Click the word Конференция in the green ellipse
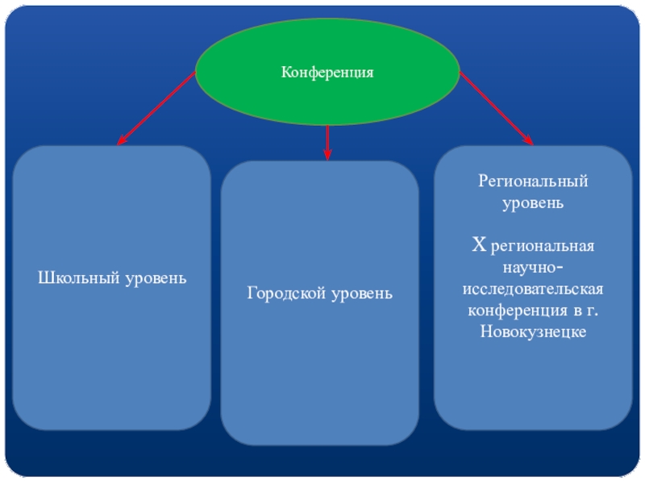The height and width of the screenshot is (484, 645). pos(327,73)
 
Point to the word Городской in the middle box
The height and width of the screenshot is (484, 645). pos(285,293)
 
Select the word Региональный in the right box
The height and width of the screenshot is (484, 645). pos(533,181)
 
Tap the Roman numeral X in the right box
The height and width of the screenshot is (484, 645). pos(477,244)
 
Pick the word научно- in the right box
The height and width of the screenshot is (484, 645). pos(533,267)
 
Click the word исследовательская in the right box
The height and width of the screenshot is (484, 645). pos(533,289)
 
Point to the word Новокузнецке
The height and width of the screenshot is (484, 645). pos(533,332)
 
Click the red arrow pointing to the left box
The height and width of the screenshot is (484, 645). pos(157,107)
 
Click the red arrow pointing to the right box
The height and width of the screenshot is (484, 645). pos(496,107)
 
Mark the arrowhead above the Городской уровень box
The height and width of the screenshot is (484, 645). pos(327,153)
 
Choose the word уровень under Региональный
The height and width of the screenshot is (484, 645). pos(533,203)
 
